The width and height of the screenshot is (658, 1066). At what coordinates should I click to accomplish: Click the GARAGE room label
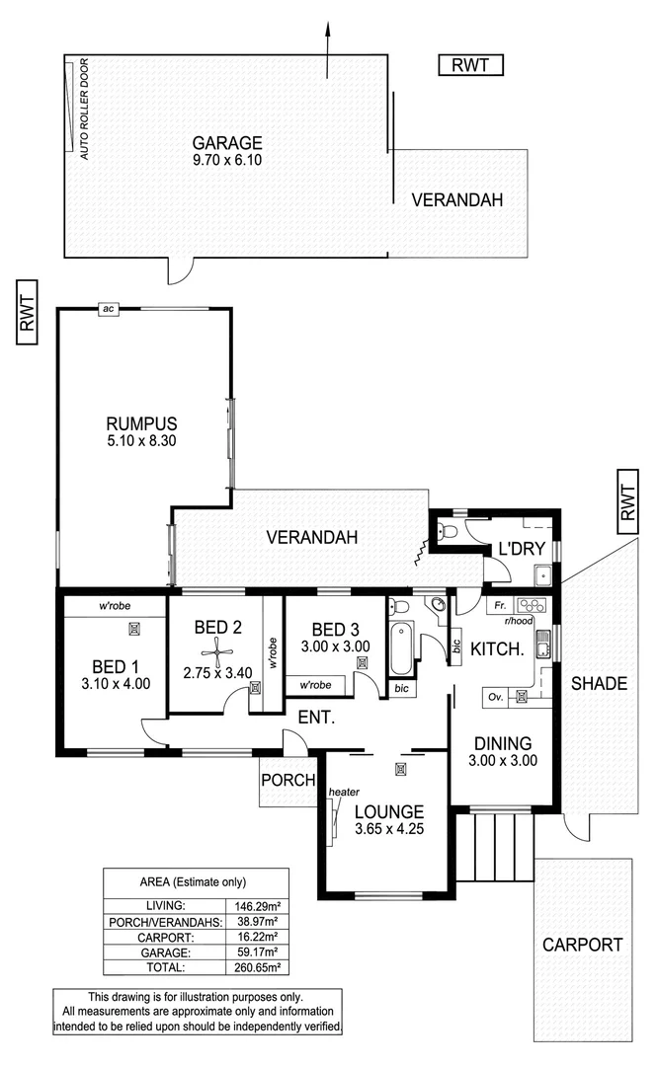tap(226, 141)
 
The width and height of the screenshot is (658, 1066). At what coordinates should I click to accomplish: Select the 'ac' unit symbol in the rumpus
tap(109, 309)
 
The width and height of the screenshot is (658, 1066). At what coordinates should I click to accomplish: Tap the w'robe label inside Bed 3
tap(313, 684)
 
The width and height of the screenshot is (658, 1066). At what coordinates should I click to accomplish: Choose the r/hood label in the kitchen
tap(518, 622)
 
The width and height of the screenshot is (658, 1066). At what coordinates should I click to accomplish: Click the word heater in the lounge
tap(345, 791)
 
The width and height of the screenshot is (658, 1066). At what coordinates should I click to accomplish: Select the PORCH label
tap(288, 780)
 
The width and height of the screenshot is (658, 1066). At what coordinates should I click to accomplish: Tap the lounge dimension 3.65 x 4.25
tap(389, 829)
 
